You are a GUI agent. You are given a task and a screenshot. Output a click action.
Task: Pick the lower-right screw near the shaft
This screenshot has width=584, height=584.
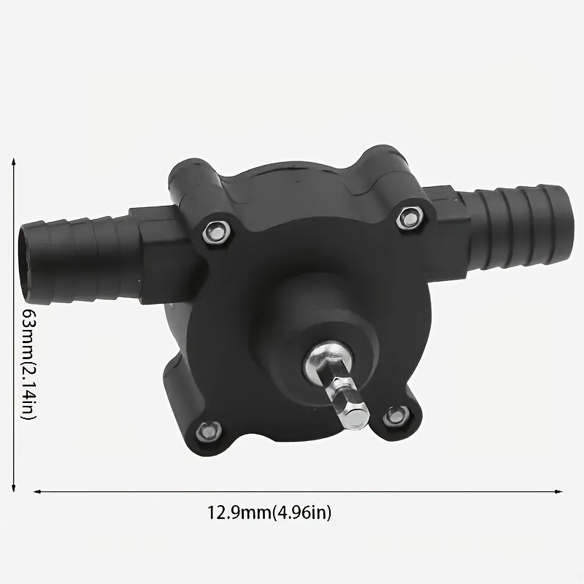click(395, 416)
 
